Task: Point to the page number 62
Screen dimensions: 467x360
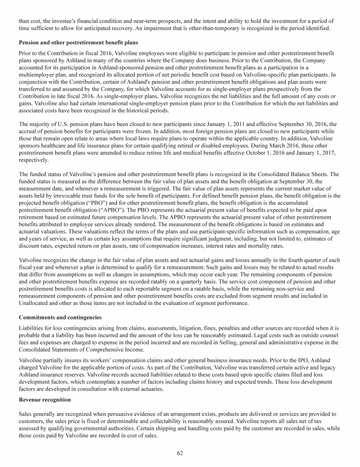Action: click(x=180, y=452)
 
